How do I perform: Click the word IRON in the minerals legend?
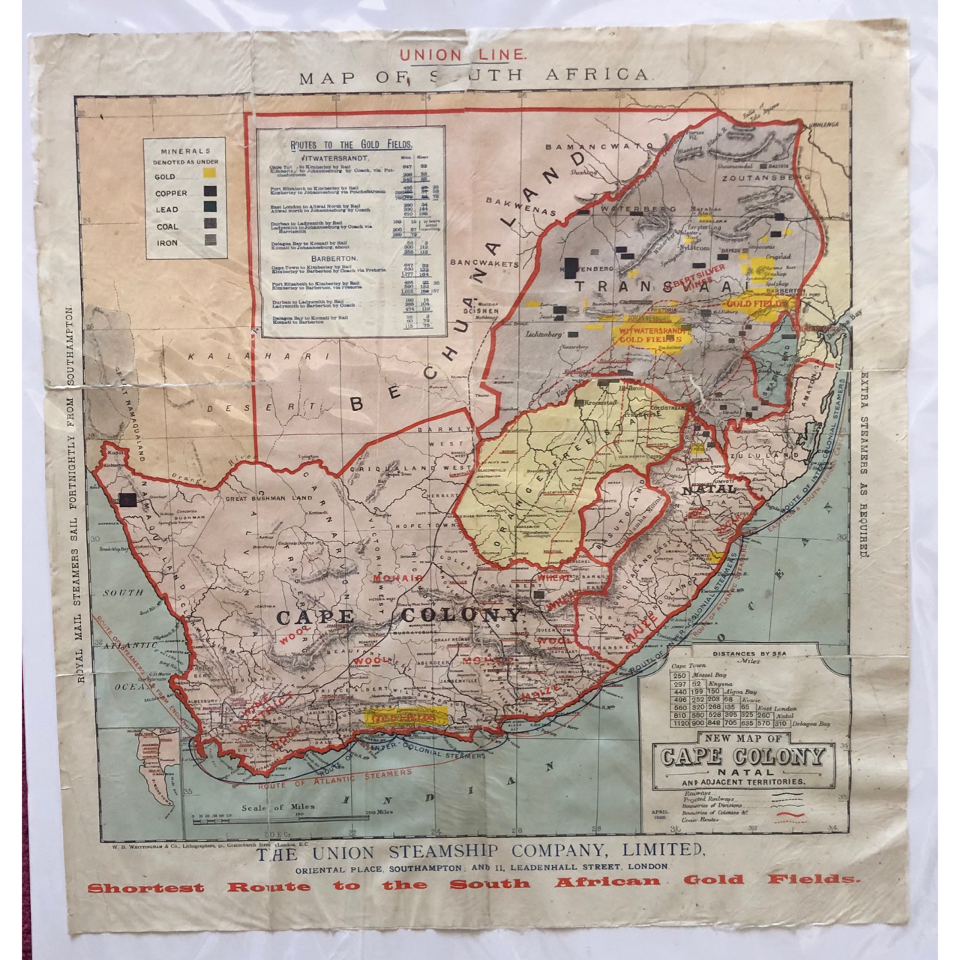tap(166, 243)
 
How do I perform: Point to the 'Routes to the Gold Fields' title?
tap(351, 145)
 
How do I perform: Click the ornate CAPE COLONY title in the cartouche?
tap(742, 755)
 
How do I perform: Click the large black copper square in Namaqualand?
tap(127, 499)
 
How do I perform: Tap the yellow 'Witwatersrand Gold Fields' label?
tap(650, 334)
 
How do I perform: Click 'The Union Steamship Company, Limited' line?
tap(480, 852)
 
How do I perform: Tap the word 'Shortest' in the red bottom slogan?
tap(145, 888)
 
